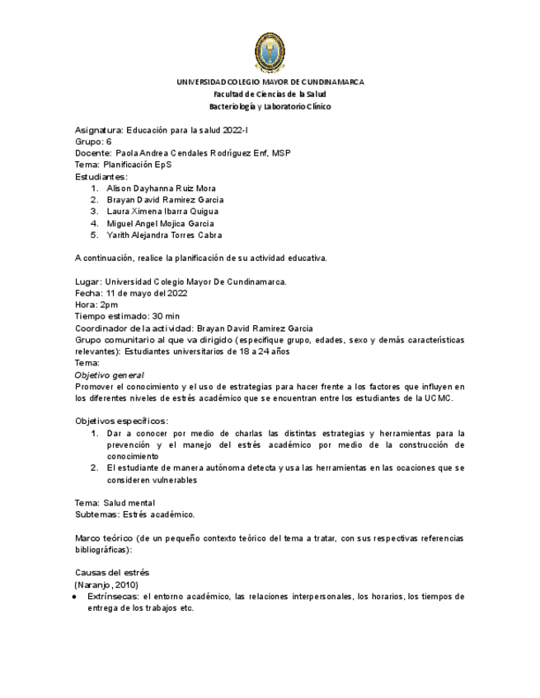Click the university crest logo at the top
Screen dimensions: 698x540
pyautogui.click(x=270, y=53)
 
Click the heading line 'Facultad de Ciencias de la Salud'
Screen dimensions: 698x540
pyautogui.click(x=270, y=95)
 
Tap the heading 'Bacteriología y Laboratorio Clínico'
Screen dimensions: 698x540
pyautogui.click(x=270, y=107)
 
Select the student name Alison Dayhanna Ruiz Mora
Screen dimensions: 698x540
pyautogui.click(x=161, y=188)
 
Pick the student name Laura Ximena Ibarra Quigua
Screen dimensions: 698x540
pyautogui.click(x=162, y=212)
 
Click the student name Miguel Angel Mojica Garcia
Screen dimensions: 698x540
pyautogui.click(x=160, y=223)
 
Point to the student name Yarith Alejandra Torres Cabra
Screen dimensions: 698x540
pyautogui.click(x=164, y=235)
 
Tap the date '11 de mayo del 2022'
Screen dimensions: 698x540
pyautogui.click(x=146, y=293)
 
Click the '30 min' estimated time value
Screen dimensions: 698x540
pyautogui.click(x=166, y=316)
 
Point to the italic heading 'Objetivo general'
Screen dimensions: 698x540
pyautogui.click(x=109, y=375)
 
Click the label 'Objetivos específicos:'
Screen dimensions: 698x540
pyautogui.click(x=121, y=421)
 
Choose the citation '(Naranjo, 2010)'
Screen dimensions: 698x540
pyautogui.click(x=106, y=584)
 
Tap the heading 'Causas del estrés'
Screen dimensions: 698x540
pyautogui.click(x=112, y=573)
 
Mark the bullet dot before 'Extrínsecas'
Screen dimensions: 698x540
pyautogui.click(x=76, y=596)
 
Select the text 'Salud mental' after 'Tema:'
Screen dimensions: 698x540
pyautogui.click(x=128, y=503)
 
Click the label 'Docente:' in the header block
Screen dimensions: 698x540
pyautogui.click(x=93, y=153)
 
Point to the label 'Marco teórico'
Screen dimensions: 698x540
pyautogui.click(x=104, y=538)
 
